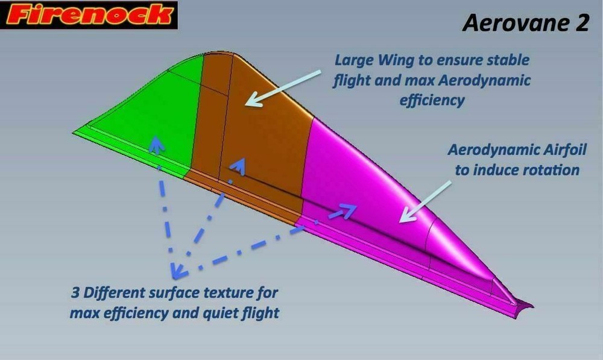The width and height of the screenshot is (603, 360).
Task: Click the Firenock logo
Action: click(x=89, y=15)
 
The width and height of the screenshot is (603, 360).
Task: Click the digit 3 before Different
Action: click(x=75, y=294)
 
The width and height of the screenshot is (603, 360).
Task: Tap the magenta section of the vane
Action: click(x=374, y=193)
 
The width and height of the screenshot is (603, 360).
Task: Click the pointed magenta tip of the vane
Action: click(x=525, y=304)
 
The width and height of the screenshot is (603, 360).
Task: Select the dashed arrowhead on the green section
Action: click(x=156, y=143)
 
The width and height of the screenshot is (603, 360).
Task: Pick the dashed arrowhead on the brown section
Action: click(x=240, y=165)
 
